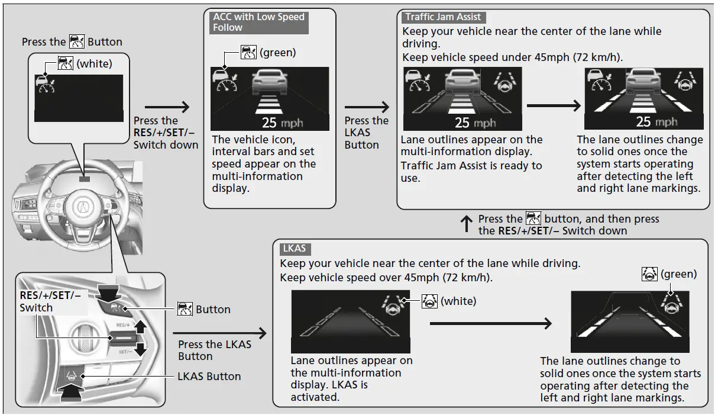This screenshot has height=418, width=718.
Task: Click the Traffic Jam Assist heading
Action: [443, 17]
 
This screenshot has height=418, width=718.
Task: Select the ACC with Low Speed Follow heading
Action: [258, 22]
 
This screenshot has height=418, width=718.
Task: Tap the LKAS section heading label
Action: [294, 249]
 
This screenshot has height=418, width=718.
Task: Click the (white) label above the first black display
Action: [94, 63]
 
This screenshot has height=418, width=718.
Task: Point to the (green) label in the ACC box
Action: [277, 53]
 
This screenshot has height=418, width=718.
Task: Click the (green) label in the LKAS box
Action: [678, 274]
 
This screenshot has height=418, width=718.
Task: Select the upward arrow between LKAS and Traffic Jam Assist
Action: [467, 224]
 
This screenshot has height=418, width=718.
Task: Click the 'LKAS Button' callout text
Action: [209, 377]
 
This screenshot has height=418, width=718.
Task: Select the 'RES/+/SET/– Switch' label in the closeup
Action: [50, 301]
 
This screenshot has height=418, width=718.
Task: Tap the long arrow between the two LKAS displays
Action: [490, 323]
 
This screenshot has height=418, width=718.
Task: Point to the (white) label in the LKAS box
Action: [458, 301]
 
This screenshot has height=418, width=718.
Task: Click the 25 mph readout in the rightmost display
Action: [656, 122]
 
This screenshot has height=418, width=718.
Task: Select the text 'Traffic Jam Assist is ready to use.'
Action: [471, 172]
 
